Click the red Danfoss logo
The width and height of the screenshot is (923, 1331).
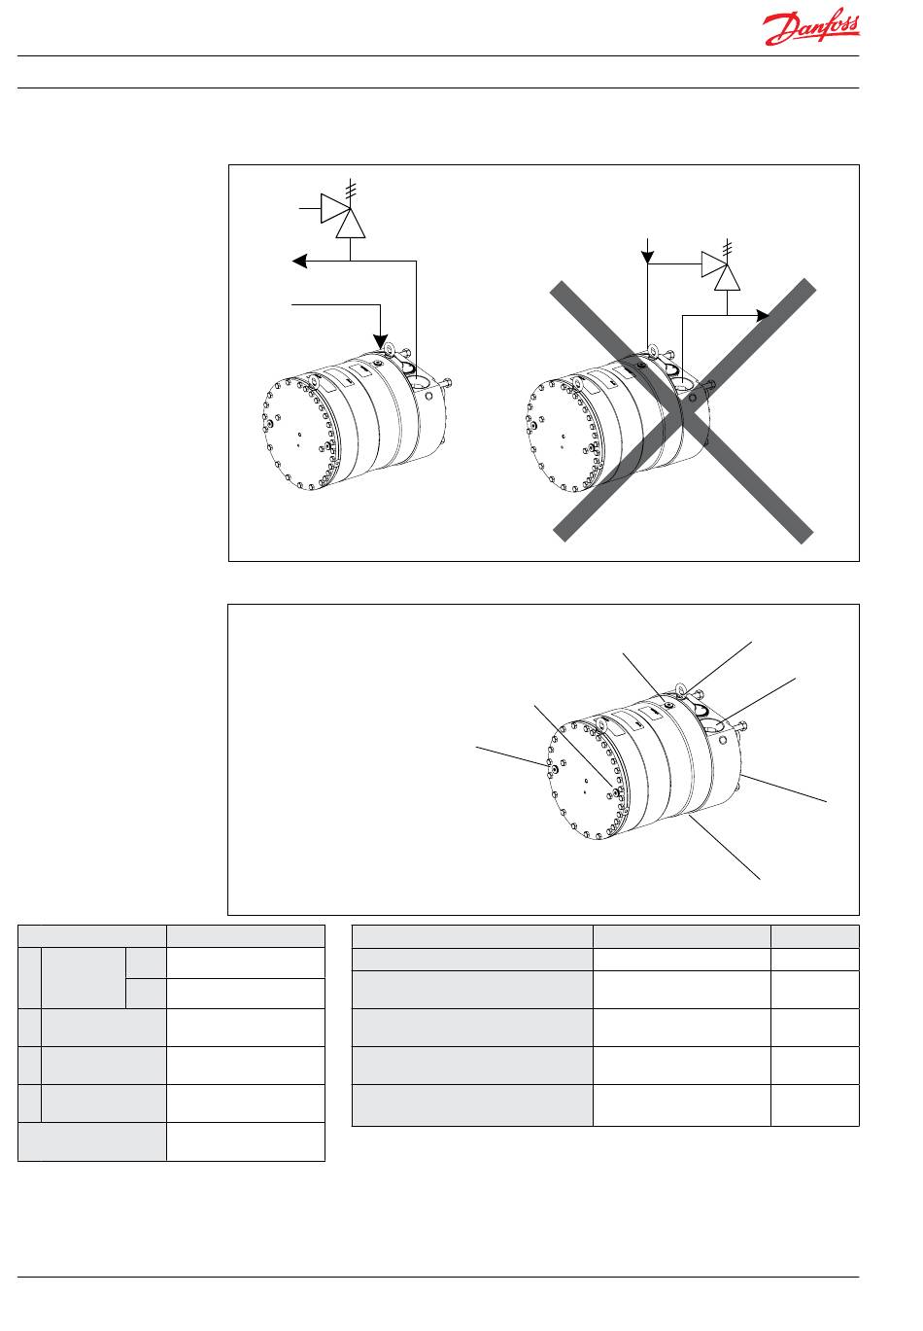point(810,27)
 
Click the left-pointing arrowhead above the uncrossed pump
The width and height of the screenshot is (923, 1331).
point(299,261)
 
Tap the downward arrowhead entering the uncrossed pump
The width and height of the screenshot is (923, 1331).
point(380,341)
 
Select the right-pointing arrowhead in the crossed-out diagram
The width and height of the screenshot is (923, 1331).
point(763,316)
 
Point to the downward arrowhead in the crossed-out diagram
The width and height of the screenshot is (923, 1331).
point(647,257)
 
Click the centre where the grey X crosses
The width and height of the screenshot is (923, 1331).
point(683,410)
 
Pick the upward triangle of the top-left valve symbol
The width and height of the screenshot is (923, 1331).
point(351,224)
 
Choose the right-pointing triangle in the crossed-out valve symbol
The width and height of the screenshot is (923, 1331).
point(714,263)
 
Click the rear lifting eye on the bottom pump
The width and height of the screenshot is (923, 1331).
point(681,690)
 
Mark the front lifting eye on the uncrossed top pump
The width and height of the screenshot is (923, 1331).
point(315,384)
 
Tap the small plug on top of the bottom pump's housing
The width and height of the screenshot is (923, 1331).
point(668,705)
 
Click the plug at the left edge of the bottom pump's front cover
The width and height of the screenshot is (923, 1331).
point(554,769)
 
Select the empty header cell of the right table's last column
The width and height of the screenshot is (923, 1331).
point(815,936)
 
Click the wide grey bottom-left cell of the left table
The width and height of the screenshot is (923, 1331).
point(92,1141)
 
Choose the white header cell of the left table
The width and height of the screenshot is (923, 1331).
point(245,936)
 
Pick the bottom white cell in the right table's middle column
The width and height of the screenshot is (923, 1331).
point(682,1104)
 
